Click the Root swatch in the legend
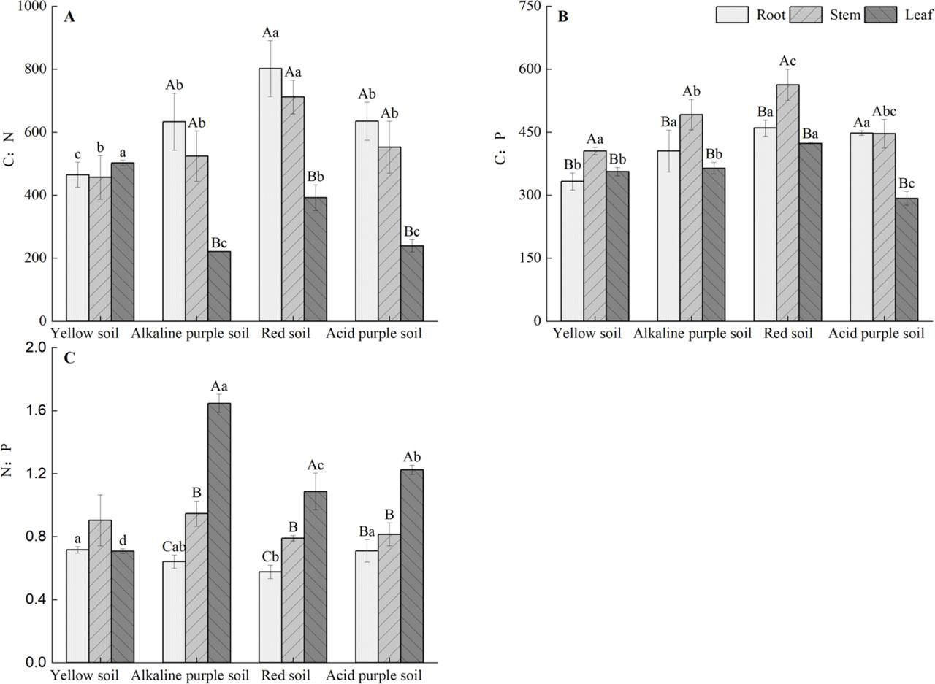tap(732, 15)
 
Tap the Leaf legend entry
tap(918, 15)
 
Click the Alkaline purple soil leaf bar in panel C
tap(219, 533)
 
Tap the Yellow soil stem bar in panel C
tap(100, 591)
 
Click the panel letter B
tap(562, 17)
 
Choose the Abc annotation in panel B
tap(884, 112)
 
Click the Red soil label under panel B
tap(788, 334)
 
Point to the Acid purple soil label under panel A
tap(374, 334)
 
